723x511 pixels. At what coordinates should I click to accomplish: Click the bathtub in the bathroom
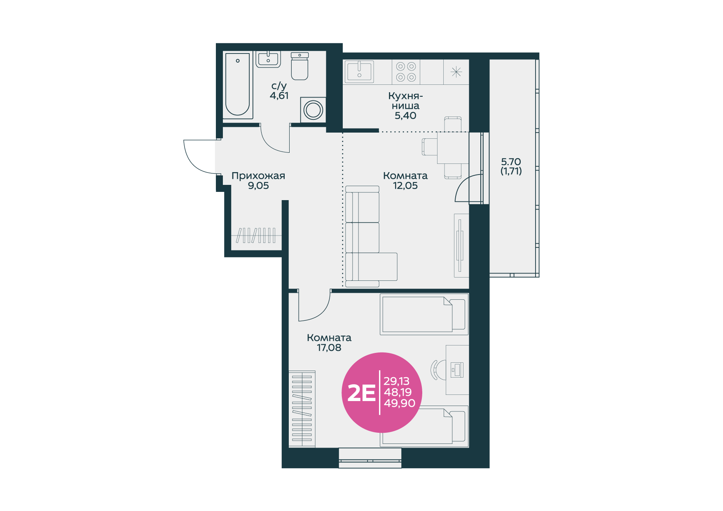click(238, 85)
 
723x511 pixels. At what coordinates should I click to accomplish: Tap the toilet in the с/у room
click(299, 66)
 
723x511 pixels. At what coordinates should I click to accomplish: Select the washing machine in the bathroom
click(313, 110)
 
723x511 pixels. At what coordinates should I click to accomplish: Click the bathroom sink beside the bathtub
click(268, 59)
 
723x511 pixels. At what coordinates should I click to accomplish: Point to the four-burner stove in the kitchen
click(406, 72)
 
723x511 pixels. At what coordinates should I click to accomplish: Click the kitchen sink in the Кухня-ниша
click(359, 72)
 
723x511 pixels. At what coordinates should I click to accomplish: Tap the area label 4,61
click(279, 96)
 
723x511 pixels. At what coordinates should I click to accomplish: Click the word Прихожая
click(258, 176)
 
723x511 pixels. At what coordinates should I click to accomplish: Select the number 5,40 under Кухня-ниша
click(405, 116)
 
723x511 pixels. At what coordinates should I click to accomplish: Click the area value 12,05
click(405, 186)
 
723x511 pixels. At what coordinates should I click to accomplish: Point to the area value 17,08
click(329, 348)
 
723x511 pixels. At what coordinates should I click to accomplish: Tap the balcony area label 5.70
click(511, 162)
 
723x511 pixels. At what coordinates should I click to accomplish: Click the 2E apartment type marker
click(361, 393)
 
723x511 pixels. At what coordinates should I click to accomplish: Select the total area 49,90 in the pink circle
click(400, 403)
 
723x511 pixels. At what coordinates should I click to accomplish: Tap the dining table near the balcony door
click(453, 148)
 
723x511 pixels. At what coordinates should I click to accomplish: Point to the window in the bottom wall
click(370, 458)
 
